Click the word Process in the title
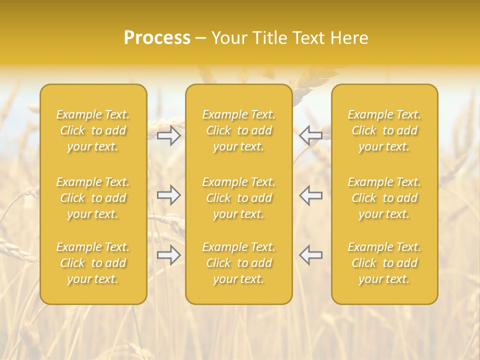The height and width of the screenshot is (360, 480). tap(157, 38)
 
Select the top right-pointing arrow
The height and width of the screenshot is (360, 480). tap(169, 135)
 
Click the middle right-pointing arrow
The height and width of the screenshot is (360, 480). tap(169, 195)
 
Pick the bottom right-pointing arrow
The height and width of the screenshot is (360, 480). tap(169, 255)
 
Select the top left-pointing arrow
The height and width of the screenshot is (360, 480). tap(311, 135)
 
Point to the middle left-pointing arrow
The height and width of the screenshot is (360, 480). tap(311, 195)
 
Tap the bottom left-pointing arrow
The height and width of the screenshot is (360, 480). tap(311, 255)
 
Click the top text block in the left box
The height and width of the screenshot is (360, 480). tap(93, 130)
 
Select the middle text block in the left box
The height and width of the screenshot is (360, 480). tap(93, 198)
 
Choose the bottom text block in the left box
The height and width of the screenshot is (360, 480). tap(93, 263)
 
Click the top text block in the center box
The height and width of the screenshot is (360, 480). tap(239, 130)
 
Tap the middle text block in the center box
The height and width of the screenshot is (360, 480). tap(239, 198)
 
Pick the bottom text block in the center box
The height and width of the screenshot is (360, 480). tap(239, 263)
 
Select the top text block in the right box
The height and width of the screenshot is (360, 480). tap(384, 130)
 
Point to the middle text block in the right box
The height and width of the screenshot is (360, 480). tap(384, 198)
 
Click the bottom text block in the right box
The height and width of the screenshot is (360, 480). tap(384, 263)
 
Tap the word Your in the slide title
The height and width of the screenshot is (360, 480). tap(228, 38)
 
